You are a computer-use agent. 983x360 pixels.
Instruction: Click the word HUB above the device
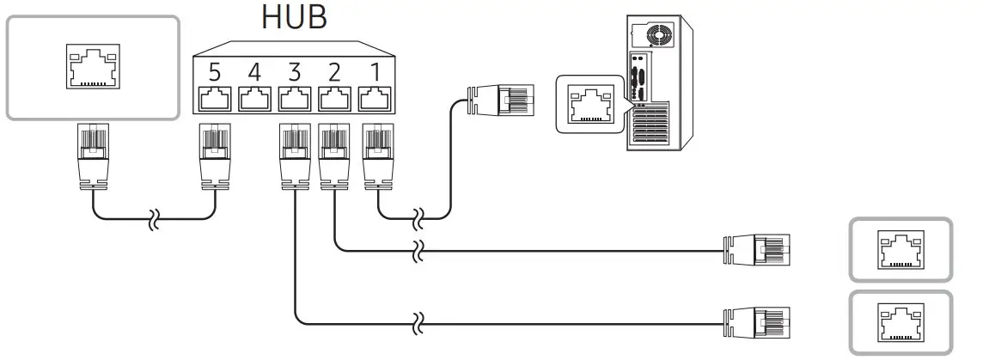coord(294,17)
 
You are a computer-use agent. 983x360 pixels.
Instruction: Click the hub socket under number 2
coord(333,99)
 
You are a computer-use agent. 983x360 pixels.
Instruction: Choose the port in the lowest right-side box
coord(900,323)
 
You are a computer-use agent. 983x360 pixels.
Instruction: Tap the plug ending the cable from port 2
coord(757,251)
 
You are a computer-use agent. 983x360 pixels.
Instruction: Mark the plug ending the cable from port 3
coord(757,323)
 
